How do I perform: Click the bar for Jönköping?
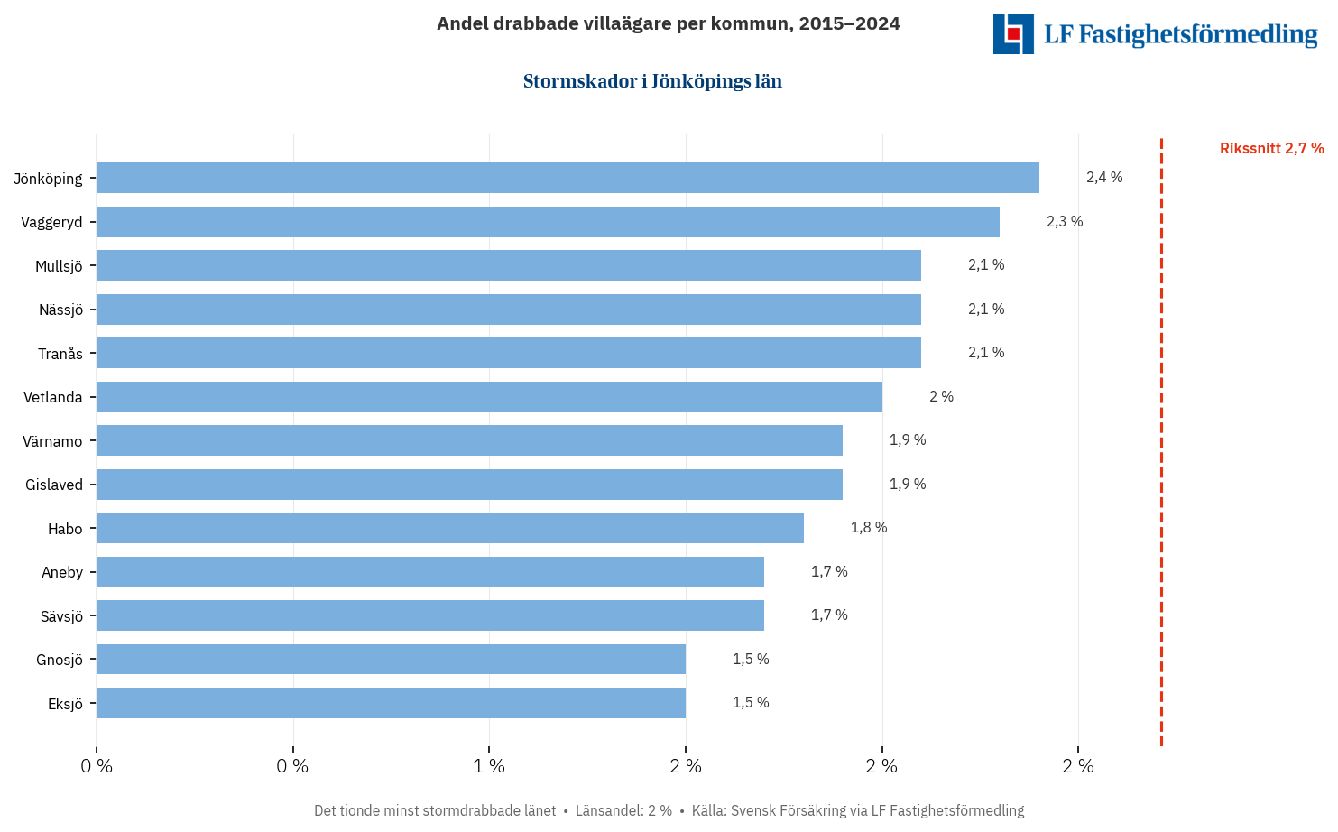pyautogui.click(x=567, y=178)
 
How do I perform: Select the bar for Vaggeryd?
pyautogui.click(x=548, y=222)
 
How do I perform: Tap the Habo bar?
pyautogui.click(x=450, y=528)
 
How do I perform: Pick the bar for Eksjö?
pyautogui.click(x=391, y=703)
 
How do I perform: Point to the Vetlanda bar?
pyautogui.click(x=489, y=397)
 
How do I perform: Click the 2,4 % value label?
pyautogui.click(x=1104, y=178)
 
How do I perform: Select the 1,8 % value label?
pyautogui.click(x=868, y=528)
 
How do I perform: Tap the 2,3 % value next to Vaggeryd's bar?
pyautogui.click(x=1065, y=222)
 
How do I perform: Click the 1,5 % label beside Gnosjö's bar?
pyautogui.click(x=751, y=660)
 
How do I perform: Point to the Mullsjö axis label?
pyautogui.click(x=59, y=266)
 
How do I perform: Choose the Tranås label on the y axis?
pyautogui.click(x=60, y=354)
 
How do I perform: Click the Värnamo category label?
pyautogui.click(x=52, y=441)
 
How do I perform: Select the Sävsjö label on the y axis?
pyautogui.click(x=61, y=616)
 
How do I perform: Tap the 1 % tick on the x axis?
pyautogui.click(x=489, y=766)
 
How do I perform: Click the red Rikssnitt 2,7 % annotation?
pyautogui.click(x=1271, y=149)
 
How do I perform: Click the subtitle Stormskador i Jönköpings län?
pyautogui.click(x=652, y=81)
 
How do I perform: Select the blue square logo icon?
pyautogui.click(x=1013, y=33)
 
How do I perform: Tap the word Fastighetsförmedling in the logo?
pyautogui.click(x=1198, y=34)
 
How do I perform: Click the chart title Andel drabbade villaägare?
pyautogui.click(x=668, y=23)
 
